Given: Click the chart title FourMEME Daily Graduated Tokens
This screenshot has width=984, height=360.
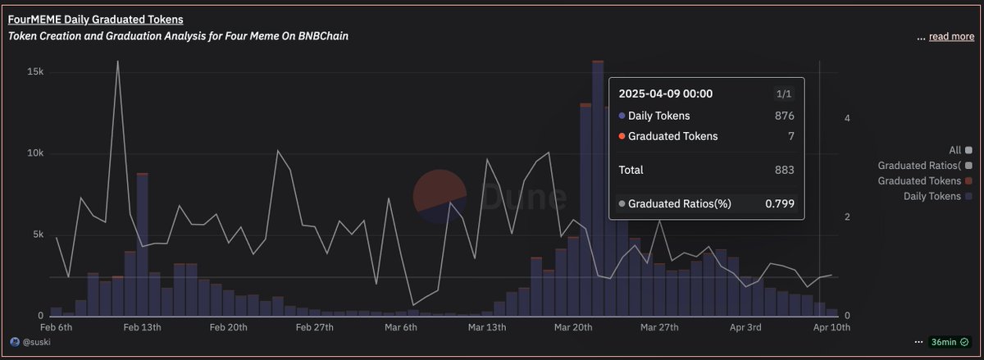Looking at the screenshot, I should [95, 19].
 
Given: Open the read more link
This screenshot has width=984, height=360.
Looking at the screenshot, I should [951, 37].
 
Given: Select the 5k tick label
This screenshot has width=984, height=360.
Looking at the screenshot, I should [36, 235].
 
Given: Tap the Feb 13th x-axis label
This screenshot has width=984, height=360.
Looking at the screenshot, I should [141, 327].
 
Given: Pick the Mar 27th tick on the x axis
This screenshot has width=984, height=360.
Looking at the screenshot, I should [659, 327].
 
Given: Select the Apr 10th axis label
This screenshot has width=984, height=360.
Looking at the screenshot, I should [831, 327].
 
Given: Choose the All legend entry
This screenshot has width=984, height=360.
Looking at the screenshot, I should [954, 150].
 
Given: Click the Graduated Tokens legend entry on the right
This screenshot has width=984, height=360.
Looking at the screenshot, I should [919, 180].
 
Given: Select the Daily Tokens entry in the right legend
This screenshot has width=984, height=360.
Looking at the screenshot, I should [932, 196].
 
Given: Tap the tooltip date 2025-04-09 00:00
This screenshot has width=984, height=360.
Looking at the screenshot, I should [665, 94].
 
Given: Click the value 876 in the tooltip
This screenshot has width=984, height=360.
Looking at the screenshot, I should [784, 116].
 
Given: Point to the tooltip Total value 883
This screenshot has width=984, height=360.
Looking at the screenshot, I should [784, 170].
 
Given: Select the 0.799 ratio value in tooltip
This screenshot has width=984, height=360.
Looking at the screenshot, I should [779, 203].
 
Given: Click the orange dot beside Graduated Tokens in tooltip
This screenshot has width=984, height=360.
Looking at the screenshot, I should [622, 136].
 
